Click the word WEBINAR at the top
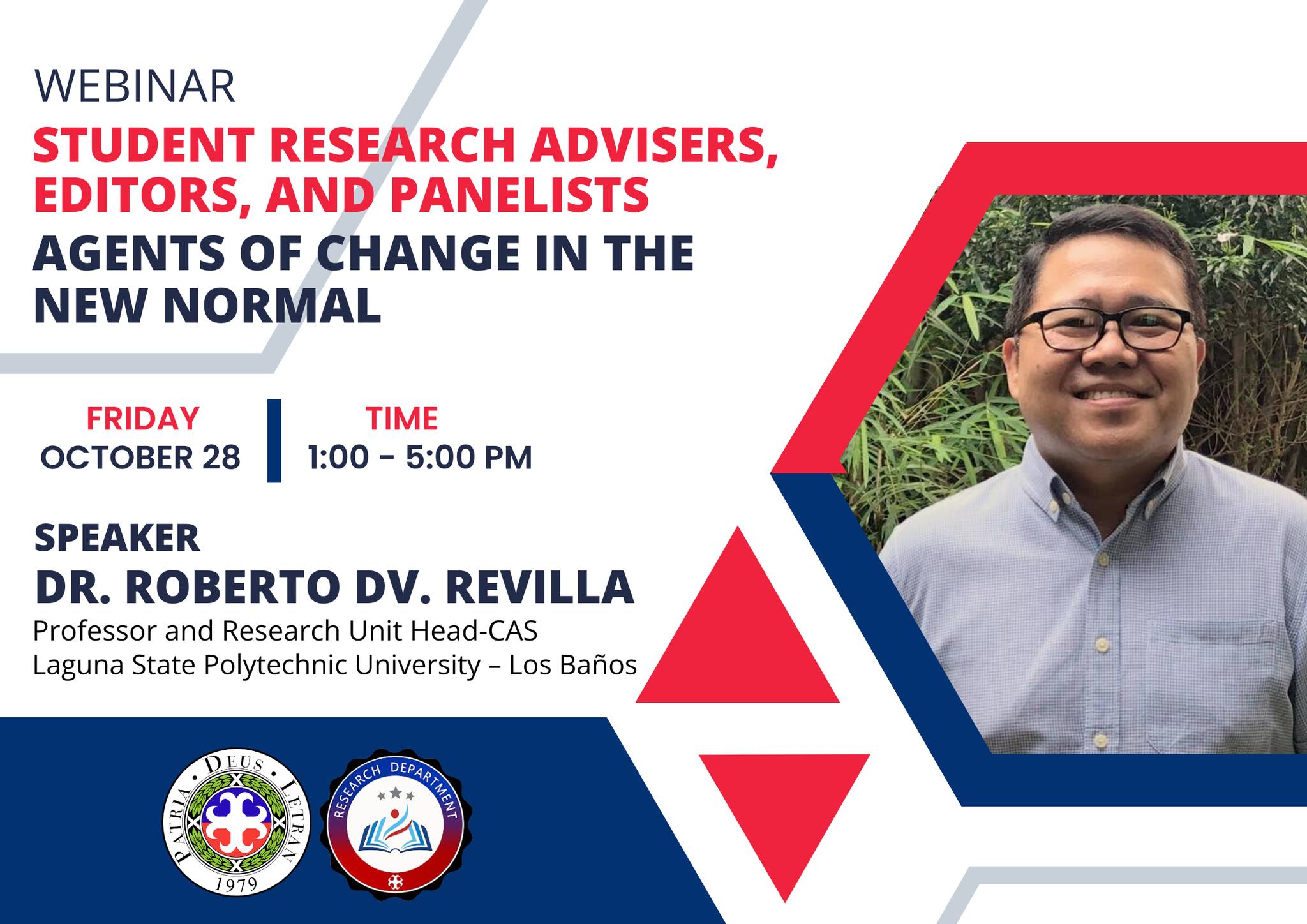click(135, 87)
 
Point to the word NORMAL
click(272, 306)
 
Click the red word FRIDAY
click(142, 419)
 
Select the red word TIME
click(402, 419)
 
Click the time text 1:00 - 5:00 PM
click(420, 458)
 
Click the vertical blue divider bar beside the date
click(274, 441)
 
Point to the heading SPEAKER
click(117, 538)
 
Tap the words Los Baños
click(573, 666)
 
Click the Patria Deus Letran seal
click(236, 823)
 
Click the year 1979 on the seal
click(236, 884)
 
